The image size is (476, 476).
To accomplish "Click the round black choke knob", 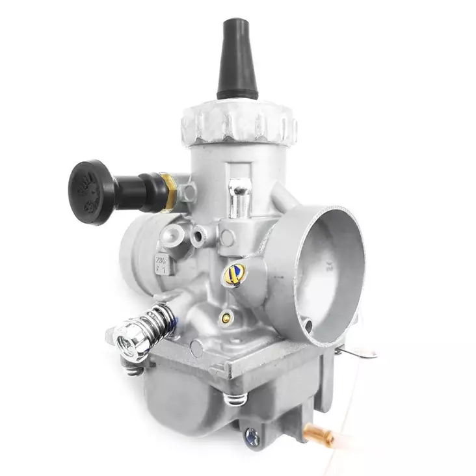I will (x=92, y=191).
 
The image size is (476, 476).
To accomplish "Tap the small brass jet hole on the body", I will (x=225, y=318).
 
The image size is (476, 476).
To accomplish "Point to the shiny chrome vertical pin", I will (x=239, y=198).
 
